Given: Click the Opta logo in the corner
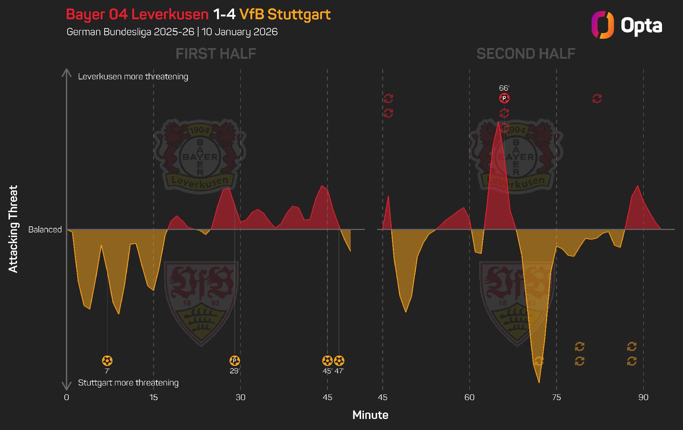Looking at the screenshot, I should [x=627, y=25].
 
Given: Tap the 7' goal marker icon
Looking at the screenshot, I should [x=107, y=361].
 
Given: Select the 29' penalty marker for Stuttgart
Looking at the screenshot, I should [x=234, y=361].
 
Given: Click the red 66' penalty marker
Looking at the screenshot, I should [x=504, y=98].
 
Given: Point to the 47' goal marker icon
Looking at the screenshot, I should [x=339, y=361].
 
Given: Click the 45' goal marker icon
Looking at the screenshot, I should [x=327, y=361].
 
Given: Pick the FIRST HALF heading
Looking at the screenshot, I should [x=216, y=54].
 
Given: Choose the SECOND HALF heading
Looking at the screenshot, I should [x=525, y=54].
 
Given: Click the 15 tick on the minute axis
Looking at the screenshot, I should [x=153, y=397].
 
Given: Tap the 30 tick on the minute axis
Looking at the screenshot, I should [x=240, y=397].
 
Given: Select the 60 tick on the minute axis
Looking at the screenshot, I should [x=470, y=397].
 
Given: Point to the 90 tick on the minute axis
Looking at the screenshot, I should [x=643, y=397].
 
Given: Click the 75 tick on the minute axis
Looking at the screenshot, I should [x=556, y=397].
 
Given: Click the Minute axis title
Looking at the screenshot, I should [x=370, y=415].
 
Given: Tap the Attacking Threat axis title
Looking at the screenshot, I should [x=13, y=229].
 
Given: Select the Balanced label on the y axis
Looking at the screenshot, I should [x=45, y=230].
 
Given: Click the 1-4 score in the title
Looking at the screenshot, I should [x=224, y=15].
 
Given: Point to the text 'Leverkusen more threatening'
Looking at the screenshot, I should [x=133, y=77].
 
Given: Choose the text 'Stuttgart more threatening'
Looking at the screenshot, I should [x=128, y=383].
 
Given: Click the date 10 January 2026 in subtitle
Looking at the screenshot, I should [x=239, y=32].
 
